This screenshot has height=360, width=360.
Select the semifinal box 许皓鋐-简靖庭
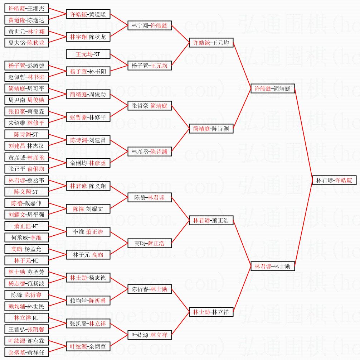coord(273,88)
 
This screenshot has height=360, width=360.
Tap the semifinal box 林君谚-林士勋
coord(273,266)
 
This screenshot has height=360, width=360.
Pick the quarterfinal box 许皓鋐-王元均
coord(211,43)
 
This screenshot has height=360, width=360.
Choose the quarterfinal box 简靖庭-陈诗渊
coord(211,129)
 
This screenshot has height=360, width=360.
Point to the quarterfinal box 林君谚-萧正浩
coord(211,220)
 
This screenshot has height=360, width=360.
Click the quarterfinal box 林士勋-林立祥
coord(211,312)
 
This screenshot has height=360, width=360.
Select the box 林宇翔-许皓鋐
coord(150,25)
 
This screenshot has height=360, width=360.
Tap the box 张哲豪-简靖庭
coord(150,106)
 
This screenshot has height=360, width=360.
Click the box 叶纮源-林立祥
coord(150,335)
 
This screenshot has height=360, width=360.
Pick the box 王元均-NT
coord(88,54)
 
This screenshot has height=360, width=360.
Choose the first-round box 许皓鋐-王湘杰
coord(26,8)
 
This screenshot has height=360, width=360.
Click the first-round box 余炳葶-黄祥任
coord(26,352)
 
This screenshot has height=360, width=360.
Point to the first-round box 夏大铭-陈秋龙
coord(26,43)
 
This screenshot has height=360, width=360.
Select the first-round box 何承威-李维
coord(26,237)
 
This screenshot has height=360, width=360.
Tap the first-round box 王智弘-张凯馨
coord(26,329)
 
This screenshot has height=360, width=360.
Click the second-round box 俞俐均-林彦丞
coord(88,163)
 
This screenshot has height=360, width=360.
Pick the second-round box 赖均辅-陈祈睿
coord(88,301)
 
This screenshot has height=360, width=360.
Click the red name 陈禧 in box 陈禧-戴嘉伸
coord(17,203)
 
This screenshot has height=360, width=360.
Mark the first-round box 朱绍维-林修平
coord(26,123)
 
